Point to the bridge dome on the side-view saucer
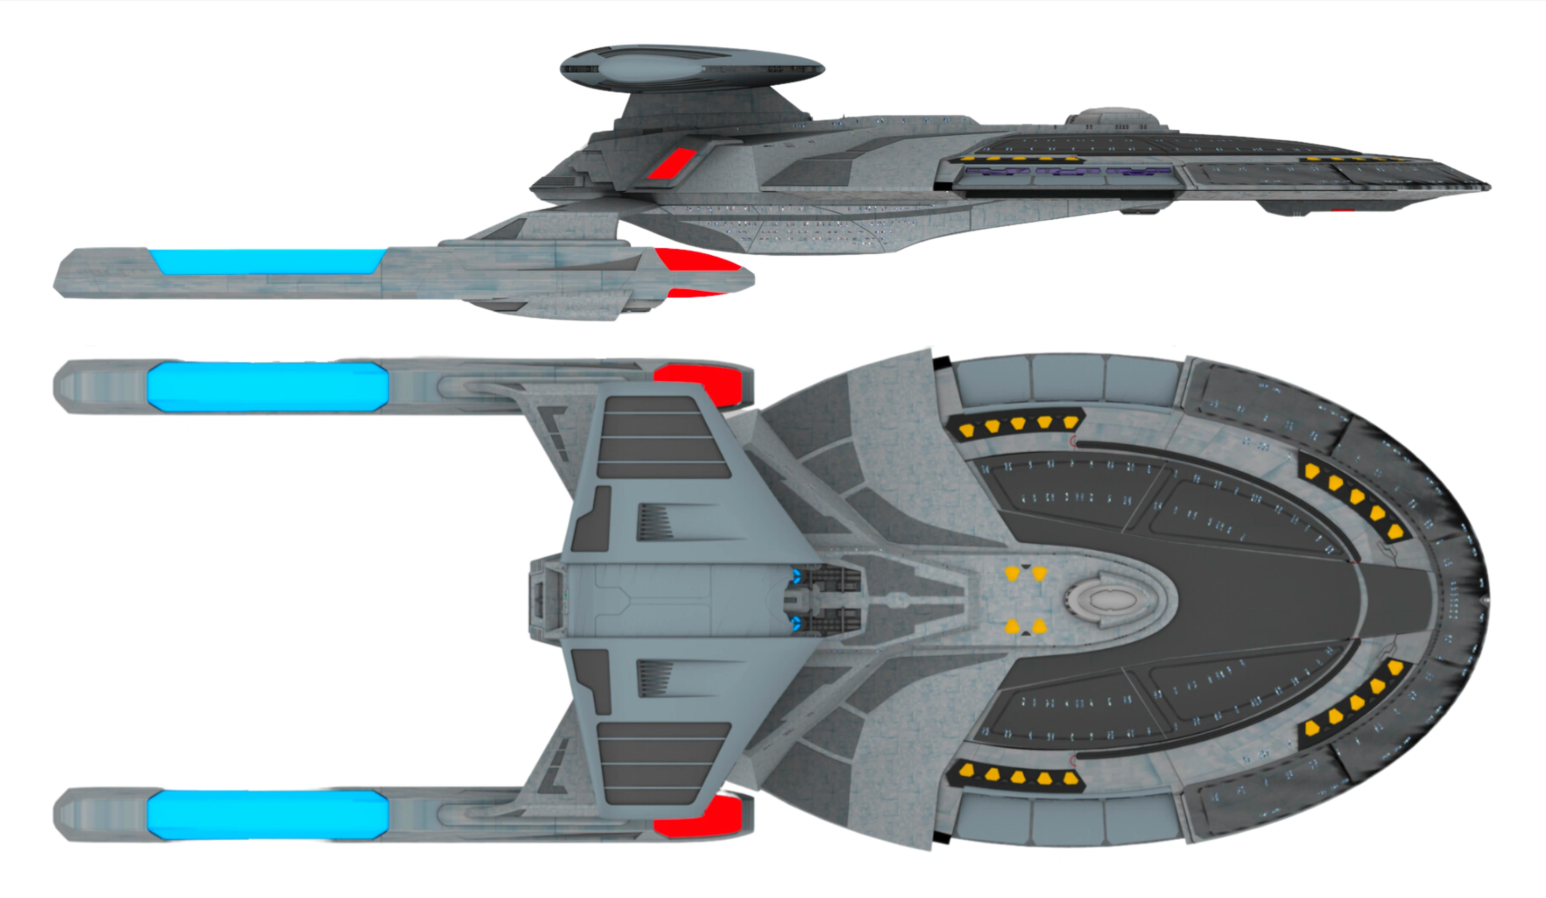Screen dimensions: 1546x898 (x=1112, y=116)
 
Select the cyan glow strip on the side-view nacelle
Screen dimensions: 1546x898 (x=268, y=261)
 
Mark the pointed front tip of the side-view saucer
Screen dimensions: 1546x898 (x=1488, y=186)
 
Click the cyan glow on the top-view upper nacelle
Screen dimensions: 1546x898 (x=268, y=386)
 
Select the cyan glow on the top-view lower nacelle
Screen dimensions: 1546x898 (x=268, y=814)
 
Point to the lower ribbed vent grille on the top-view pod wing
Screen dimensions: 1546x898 (x=655, y=678)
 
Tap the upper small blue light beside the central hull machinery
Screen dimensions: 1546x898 (x=796, y=576)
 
